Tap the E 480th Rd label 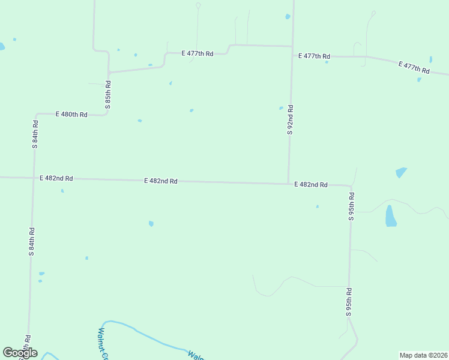(x=71, y=114)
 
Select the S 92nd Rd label (x=290, y=120)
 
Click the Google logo (x=20, y=353)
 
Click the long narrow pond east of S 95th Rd (x=391, y=216)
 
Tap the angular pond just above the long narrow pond (x=401, y=173)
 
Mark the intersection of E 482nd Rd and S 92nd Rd (x=289, y=184)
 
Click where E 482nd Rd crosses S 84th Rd (x=33, y=178)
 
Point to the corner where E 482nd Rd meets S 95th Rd (x=350, y=187)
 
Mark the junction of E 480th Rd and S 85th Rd (x=107, y=113)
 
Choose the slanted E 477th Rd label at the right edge (x=414, y=67)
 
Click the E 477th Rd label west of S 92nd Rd (x=197, y=53)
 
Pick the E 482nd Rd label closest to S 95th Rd (x=310, y=185)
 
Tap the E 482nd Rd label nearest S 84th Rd (x=56, y=178)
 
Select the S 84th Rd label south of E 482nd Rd (x=31, y=242)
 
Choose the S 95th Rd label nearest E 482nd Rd (x=351, y=206)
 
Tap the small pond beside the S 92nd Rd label (x=281, y=108)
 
